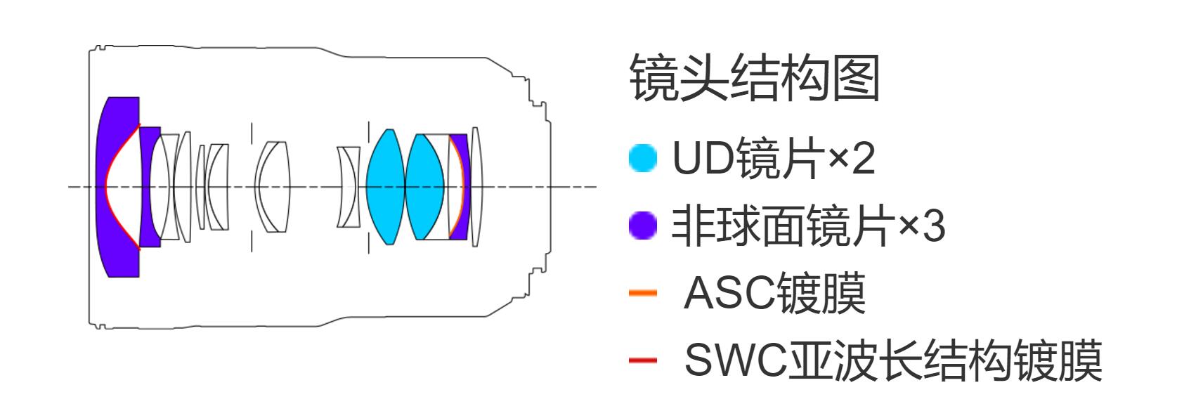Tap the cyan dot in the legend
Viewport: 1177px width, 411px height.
[642, 159]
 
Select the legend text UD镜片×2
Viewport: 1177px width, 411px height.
[774, 159]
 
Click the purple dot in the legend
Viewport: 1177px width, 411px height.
[642, 227]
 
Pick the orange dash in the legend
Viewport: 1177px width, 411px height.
[642, 293]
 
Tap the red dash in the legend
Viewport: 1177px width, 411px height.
[642, 360]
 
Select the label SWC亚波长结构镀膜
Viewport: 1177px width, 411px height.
[892, 360]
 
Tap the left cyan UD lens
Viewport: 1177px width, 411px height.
[385, 187]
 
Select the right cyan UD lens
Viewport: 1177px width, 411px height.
[425, 187]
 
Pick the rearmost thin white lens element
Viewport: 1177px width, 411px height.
[476, 187]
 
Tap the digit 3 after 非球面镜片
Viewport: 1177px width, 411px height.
[933, 227]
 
